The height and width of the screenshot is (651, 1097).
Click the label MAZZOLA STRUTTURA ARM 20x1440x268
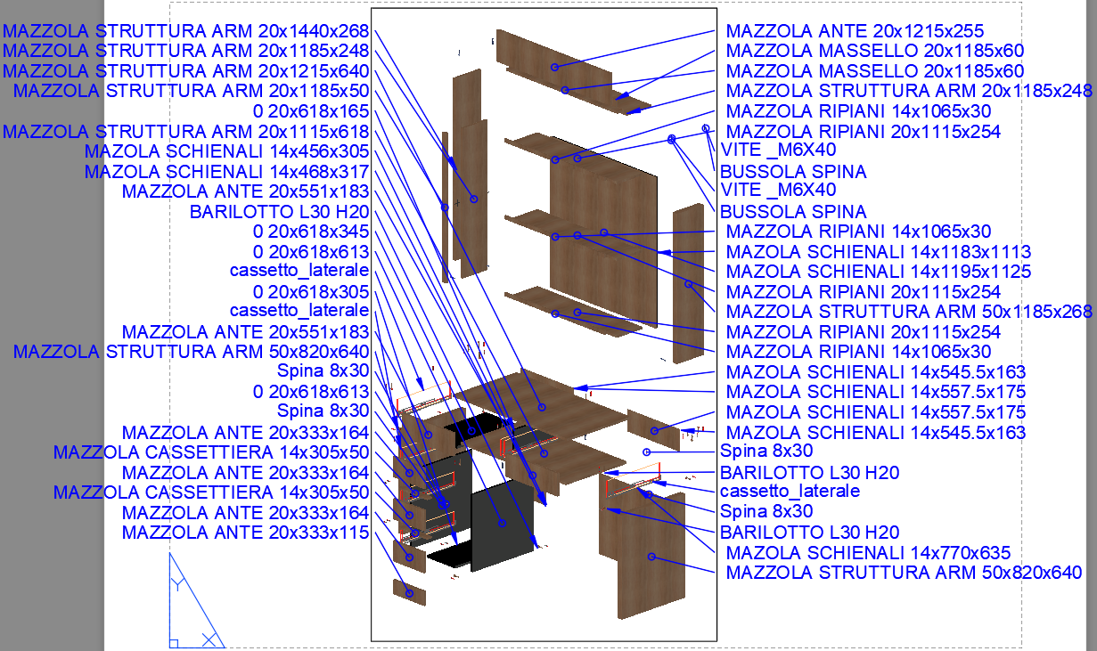tap(185, 30)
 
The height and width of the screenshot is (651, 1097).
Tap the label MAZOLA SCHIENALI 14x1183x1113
tap(879, 251)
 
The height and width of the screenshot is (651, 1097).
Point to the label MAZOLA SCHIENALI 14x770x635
tap(868, 553)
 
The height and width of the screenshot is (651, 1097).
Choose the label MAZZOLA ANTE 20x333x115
tap(245, 533)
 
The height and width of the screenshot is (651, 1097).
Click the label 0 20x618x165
tap(311, 111)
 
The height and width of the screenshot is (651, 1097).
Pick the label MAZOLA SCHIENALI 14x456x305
tap(226, 151)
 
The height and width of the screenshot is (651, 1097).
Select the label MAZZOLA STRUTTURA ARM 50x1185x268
tap(909, 312)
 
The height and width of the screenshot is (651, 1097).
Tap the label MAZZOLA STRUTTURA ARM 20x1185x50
tap(191, 91)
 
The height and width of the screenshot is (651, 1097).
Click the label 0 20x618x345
tap(311, 232)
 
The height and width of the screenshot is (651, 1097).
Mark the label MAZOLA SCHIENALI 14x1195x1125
tap(879, 272)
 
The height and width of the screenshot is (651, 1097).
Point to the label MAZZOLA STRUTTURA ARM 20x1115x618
tap(185, 132)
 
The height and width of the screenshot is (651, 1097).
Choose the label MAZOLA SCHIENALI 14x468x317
tap(226, 171)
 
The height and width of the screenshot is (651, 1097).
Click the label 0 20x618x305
tap(311, 292)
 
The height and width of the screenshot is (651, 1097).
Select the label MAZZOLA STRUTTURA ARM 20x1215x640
tap(185, 70)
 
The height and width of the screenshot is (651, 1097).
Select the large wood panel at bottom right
tap(651, 557)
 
